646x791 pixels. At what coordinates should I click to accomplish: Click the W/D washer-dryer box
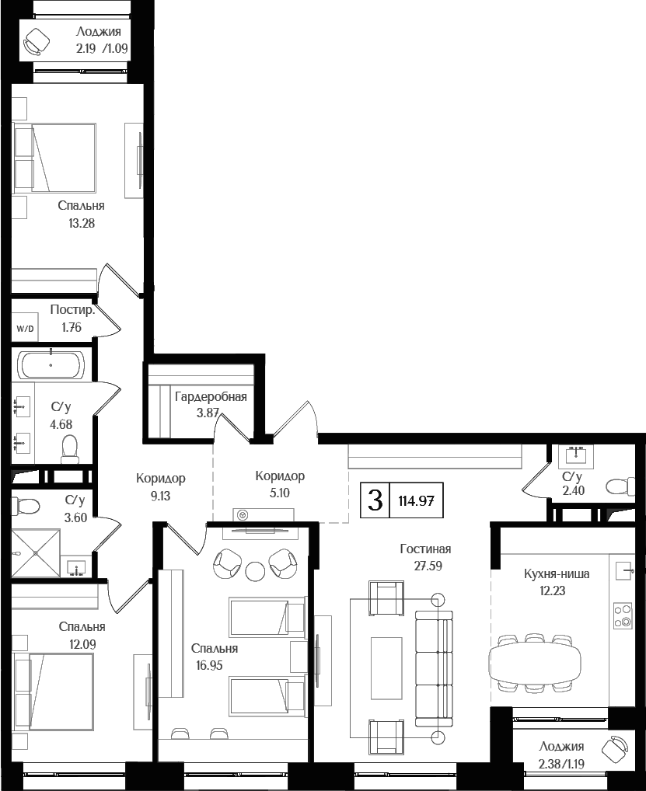click(25, 329)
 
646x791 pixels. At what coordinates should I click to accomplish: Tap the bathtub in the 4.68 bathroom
click(51, 364)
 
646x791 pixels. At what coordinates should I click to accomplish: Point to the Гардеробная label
click(211, 397)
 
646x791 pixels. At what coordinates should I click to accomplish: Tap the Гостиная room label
click(425, 549)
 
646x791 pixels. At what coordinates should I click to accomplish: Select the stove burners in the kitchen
click(622, 615)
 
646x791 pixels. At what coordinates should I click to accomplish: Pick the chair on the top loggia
click(35, 42)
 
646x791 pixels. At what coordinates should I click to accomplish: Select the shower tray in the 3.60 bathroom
click(36, 553)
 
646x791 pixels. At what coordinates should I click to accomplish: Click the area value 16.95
click(210, 664)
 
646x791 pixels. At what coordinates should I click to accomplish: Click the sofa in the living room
click(434, 667)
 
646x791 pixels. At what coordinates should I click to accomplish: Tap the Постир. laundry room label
click(73, 310)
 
